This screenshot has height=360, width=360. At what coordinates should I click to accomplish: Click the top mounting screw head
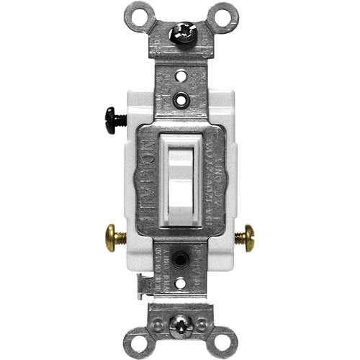(x=179, y=32)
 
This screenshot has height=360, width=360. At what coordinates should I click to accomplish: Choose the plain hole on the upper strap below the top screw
(x=179, y=73)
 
